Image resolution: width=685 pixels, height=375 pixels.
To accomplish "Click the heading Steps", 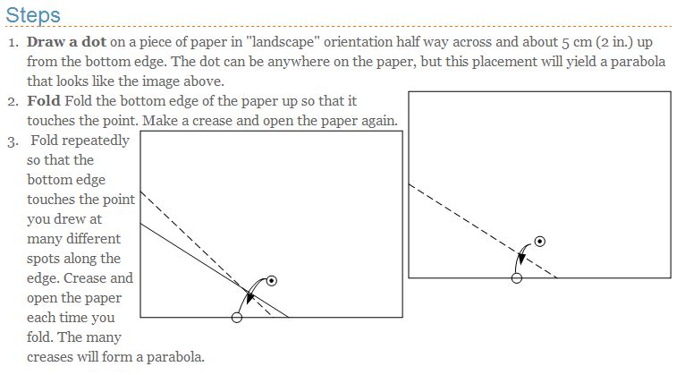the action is (x=33, y=15).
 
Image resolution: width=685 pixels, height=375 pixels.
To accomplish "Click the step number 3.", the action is (x=12, y=141).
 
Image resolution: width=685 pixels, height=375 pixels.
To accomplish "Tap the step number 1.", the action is (x=12, y=42).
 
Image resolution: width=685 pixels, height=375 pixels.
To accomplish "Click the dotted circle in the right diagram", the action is (x=539, y=242).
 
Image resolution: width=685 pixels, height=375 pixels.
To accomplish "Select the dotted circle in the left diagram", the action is (x=272, y=281).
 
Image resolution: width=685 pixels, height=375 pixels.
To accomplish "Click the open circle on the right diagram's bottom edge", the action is (x=516, y=278).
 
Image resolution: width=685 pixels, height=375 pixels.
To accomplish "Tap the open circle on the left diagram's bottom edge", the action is (x=236, y=317).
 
